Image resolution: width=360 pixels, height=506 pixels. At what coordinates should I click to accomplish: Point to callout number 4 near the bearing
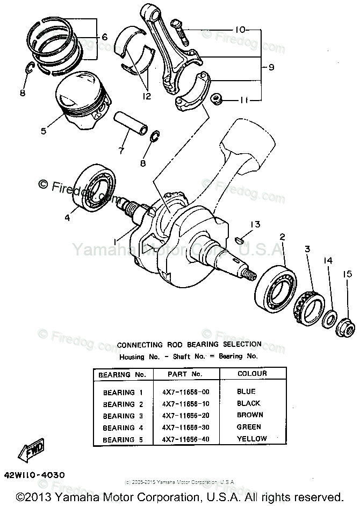(67, 218)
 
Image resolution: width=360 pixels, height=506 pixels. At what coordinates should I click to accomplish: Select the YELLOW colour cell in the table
(251, 438)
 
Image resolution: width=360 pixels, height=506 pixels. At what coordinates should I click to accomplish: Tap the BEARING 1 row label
(119, 392)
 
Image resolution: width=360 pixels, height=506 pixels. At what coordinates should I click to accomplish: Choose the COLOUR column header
(251, 373)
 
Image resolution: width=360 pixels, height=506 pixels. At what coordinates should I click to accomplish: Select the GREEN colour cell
(249, 427)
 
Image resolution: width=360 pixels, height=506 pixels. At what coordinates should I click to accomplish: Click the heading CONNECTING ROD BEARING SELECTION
(182, 344)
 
